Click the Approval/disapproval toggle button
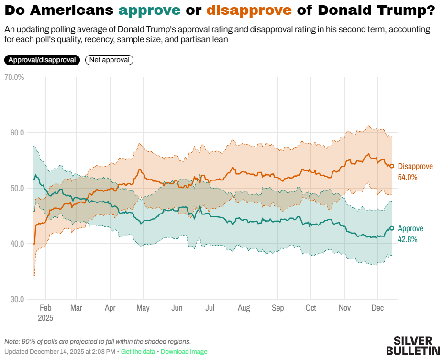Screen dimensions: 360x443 [42, 60]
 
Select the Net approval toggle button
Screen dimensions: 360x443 [109, 60]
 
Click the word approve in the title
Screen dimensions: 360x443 [149, 11]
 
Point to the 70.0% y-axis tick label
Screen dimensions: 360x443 [14, 77]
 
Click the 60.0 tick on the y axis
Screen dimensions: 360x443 [17, 133]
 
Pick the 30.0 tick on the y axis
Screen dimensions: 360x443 [17, 299]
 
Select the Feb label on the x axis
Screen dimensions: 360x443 [45, 308]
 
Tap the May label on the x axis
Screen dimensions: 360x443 [143, 308]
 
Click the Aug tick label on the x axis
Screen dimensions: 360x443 [244, 308]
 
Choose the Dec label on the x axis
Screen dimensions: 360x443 [377, 308]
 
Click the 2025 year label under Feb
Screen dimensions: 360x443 [45, 317]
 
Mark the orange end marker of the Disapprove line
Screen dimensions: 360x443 [392, 166]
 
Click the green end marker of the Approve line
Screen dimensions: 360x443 [392, 228]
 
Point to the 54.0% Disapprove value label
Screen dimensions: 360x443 [408, 177]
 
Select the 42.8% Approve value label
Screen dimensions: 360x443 [408, 239]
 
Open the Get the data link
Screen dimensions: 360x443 [138, 352]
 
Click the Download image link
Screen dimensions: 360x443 [184, 352]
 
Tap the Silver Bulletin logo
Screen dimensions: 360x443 [413, 346]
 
